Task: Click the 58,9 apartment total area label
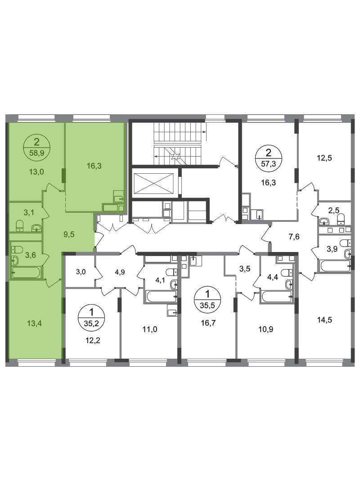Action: [x=36, y=153]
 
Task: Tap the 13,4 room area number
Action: [x=34, y=324]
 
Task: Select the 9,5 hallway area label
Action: [x=69, y=234]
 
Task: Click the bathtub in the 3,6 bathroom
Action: [x=26, y=273]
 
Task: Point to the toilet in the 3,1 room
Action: [x=20, y=225]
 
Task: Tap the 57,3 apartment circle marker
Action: [x=268, y=157]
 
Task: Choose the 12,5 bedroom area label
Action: [x=324, y=158]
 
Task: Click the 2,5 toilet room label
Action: [x=333, y=211]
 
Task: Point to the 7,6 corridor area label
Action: [x=294, y=237]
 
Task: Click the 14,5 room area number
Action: [x=324, y=319]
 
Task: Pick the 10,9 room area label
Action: [x=266, y=329]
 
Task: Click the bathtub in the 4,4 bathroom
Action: [x=277, y=296]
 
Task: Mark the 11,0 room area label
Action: [x=150, y=329]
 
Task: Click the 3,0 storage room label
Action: [x=81, y=272]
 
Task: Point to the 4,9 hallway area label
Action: [x=120, y=272]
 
